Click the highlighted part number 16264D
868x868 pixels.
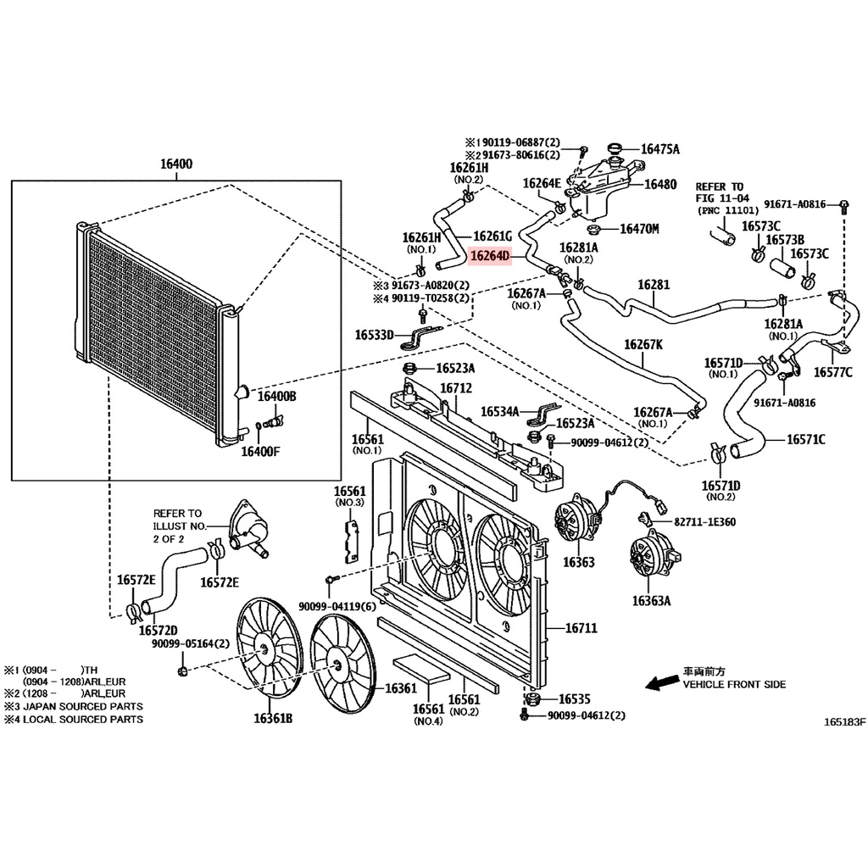coord(489,256)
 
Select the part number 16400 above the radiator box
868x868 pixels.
coord(176,164)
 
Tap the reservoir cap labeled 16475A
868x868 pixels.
coord(615,148)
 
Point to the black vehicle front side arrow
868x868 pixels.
coord(662,682)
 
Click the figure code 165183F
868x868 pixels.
coord(844,722)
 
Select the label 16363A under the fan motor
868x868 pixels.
coord(651,601)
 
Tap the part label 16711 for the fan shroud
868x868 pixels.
coord(581,628)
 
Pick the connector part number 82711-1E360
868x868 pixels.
coord(704,522)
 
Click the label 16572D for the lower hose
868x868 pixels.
coord(158,631)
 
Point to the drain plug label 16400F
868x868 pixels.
coord(260,452)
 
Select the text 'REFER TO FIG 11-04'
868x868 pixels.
coord(722,192)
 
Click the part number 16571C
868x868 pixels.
coord(806,440)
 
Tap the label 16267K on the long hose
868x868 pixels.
coord(643,344)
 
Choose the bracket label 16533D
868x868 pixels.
coord(374,335)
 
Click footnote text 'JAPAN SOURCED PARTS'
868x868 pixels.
coord(83,706)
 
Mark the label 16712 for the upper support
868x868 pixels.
coord(456,388)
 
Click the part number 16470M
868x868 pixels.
coord(639,229)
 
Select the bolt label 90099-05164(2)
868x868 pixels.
coord(191,644)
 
